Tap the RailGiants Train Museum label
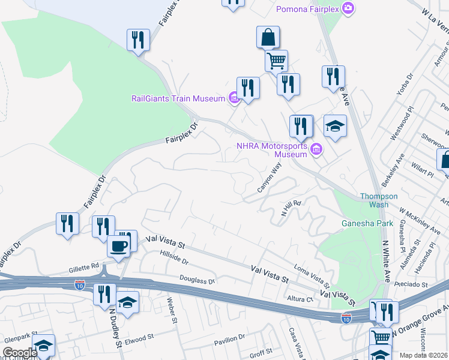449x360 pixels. pyautogui.click(x=178, y=98)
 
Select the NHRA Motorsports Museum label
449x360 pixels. pyautogui.click(x=272, y=150)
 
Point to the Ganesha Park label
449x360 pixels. pyautogui.click(x=367, y=223)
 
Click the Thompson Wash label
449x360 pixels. pyautogui.click(x=379, y=200)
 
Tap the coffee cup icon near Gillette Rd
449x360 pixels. pyautogui.click(x=118, y=246)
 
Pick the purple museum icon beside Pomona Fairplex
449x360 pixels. pyautogui.click(x=348, y=8)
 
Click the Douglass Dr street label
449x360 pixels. pyautogui.click(x=197, y=280)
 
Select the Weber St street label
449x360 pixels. pyautogui.click(x=172, y=310)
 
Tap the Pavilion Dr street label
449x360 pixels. pyautogui.click(x=230, y=341)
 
